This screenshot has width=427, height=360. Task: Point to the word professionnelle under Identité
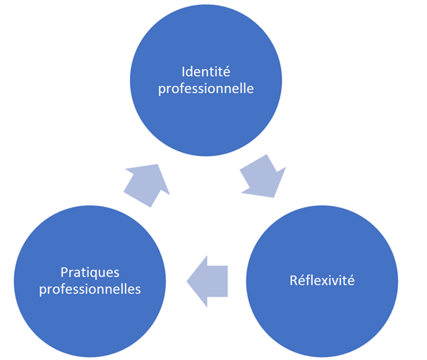coord(217,90)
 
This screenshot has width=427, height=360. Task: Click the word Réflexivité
coord(321,281)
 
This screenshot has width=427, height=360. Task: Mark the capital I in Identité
coord(184,72)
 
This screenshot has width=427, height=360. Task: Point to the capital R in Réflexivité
coord(293,281)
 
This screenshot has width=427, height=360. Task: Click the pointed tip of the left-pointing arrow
coord(187,282)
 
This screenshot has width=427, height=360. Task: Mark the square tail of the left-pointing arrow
coord(226,281)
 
